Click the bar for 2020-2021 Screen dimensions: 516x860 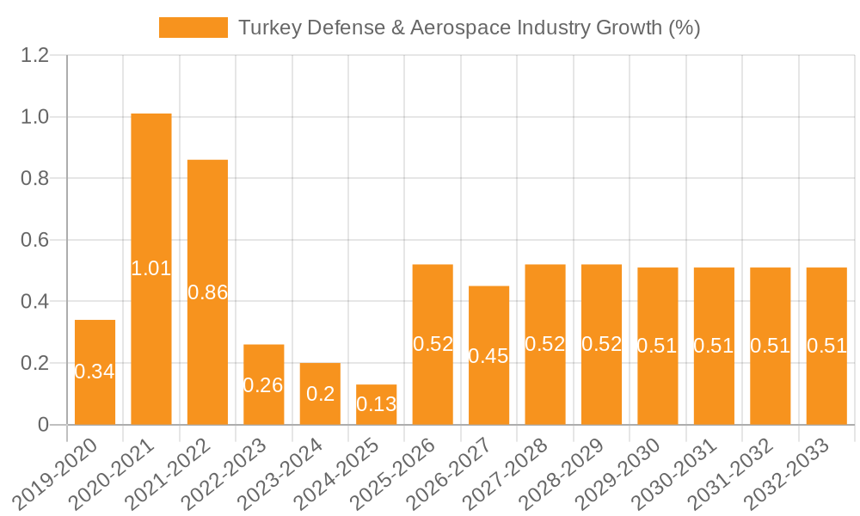tap(151, 269)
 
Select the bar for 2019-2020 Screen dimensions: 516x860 tap(95, 372)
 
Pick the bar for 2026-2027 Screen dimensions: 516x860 tap(488, 355)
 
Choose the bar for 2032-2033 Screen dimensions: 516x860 tap(826, 346)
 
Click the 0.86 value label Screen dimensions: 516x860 tap(208, 292)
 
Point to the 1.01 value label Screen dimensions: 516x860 tap(151, 268)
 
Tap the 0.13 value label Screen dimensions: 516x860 tap(377, 404)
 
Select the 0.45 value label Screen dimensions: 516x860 tap(488, 356)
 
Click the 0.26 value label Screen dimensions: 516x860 tap(263, 385)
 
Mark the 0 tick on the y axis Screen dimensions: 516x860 tap(44, 425)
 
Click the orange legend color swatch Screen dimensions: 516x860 tap(193, 28)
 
